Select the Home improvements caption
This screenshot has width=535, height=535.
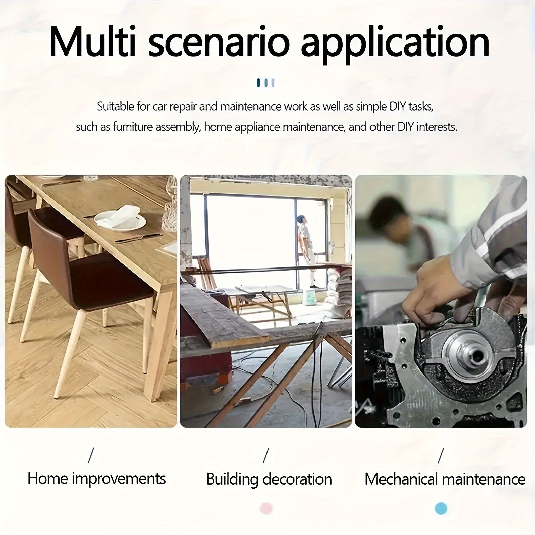tap(97, 478)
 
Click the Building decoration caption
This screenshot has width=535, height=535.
tap(269, 479)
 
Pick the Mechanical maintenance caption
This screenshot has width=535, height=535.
tap(445, 479)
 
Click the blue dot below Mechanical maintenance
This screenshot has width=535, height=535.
tap(441, 508)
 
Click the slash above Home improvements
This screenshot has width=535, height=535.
tap(91, 456)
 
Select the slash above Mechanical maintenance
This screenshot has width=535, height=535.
tap(441, 456)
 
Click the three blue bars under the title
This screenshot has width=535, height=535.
tap(266, 83)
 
